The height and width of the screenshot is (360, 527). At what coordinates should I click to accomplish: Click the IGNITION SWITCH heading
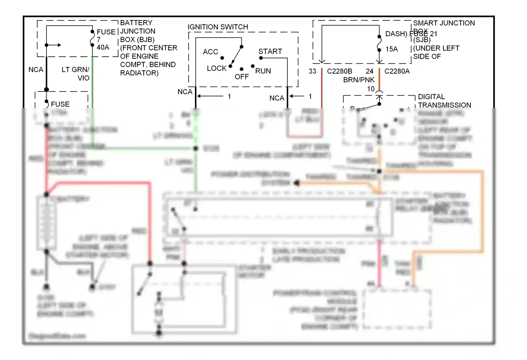point(218,27)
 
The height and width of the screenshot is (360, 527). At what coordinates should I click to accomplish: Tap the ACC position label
point(210,52)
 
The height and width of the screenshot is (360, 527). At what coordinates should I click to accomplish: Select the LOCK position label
point(216,68)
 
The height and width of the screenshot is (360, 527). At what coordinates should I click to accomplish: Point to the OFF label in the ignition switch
point(242,77)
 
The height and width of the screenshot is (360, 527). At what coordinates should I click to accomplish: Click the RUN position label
point(263,71)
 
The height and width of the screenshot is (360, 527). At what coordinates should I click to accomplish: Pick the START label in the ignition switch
point(270,52)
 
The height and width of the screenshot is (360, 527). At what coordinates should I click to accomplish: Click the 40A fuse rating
point(103,47)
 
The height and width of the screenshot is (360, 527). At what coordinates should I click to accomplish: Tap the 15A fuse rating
point(391,49)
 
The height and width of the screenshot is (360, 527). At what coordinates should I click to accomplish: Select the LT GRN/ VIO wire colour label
point(76,74)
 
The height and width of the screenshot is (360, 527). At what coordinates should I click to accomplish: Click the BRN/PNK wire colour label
point(359,80)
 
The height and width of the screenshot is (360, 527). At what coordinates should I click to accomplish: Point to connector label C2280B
point(339,71)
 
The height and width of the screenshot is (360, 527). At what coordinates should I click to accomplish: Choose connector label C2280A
point(397,71)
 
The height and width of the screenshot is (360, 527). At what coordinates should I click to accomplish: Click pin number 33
point(312,71)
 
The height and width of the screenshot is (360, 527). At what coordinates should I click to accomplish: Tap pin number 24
point(370,71)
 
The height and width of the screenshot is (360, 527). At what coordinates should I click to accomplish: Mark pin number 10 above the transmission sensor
point(371,89)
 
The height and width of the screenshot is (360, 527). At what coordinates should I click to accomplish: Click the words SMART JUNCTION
point(444,23)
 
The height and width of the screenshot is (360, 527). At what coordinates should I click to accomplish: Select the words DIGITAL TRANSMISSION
point(444,101)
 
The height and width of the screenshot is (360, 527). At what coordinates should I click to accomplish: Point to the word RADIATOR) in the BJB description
point(139,73)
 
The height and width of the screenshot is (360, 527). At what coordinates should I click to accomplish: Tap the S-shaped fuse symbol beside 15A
point(379,44)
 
